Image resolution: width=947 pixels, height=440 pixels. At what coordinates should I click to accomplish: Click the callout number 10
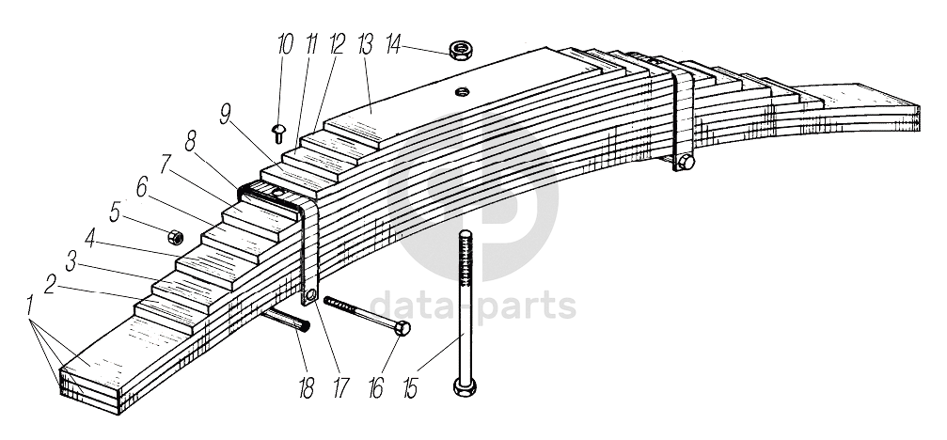(285, 44)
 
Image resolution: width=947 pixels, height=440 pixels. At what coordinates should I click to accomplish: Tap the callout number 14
(393, 45)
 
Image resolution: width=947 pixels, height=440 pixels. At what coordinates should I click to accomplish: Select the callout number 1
(29, 306)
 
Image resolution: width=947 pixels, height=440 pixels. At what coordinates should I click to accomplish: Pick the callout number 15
(410, 389)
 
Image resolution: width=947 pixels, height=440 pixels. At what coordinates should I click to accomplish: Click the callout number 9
(226, 114)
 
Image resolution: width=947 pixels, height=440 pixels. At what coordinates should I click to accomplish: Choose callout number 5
(115, 212)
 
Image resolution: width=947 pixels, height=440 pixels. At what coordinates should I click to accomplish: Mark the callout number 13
(366, 44)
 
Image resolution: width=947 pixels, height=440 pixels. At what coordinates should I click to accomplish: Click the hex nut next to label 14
(461, 50)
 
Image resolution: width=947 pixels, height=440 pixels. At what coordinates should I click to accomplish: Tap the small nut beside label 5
(175, 237)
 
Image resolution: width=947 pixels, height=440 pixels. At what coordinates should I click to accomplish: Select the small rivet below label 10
(278, 133)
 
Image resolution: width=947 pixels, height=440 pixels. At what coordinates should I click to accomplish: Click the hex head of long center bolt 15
(465, 387)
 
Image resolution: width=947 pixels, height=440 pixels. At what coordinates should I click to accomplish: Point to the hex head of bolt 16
(402, 328)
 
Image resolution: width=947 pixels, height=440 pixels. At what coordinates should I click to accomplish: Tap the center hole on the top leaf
(463, 92)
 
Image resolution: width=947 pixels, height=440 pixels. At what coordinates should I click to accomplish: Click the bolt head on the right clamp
(687, 162)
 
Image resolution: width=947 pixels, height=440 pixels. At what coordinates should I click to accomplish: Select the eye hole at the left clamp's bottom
(310, 295)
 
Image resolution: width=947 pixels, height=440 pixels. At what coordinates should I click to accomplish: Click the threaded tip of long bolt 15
(465, 234)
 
